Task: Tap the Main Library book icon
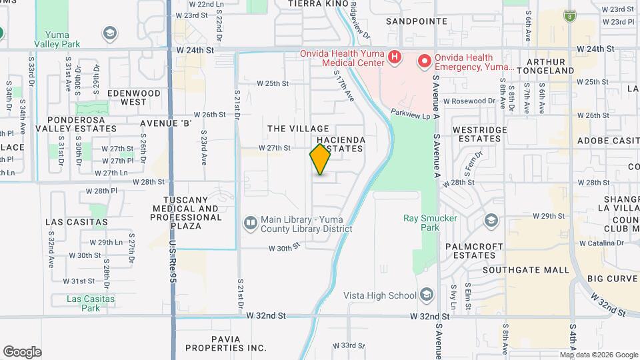tap(251, 222)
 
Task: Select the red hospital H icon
tap(394, 57)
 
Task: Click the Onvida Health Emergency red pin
tap(424, 62)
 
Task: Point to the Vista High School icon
tap(427, 295)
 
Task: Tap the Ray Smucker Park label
tap(421, 222)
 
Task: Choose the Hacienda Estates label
tap(340, 144)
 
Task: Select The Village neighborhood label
tap(298, 128)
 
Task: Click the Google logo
tap(21, 352)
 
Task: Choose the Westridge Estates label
tap(476, 134)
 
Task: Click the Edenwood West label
tap(134, 98)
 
